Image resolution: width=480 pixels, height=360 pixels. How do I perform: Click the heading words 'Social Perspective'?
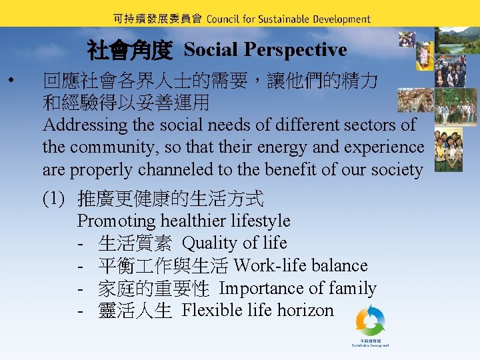(265, 49)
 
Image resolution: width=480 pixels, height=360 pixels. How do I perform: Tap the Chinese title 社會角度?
(130, 50)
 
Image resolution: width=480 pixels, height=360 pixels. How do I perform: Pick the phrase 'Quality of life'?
(234, 243)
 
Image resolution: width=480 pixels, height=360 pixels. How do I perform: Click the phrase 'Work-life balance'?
(301, 266)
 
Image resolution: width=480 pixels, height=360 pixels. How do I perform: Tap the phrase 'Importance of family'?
(297, 289)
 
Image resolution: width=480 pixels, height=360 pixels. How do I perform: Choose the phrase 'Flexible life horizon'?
(257, 311)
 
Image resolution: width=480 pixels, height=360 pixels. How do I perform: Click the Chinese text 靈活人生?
(135, 311)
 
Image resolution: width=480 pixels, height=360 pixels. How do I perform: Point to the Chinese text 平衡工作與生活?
(163, 266)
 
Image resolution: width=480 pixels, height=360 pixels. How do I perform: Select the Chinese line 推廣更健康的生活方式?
(171, 198)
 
